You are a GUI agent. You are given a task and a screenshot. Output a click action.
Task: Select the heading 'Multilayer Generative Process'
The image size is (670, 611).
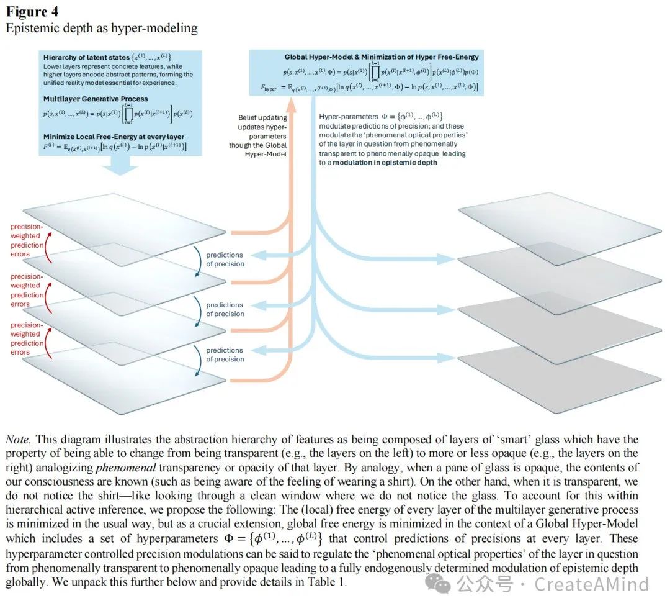pos(96,99)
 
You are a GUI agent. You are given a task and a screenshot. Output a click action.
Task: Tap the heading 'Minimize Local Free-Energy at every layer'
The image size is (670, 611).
pos(114,137)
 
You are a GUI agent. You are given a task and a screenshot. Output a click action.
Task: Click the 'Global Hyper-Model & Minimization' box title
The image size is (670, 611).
pos(381,57)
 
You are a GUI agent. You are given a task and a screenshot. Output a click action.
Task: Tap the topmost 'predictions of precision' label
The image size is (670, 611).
pos(225,260)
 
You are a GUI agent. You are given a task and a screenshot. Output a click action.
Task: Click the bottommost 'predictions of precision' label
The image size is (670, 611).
pos(225,355)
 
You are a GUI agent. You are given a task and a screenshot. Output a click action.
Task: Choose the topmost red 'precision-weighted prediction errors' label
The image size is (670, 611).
pos(27,240)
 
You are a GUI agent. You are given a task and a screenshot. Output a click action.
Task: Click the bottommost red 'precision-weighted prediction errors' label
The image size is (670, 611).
pos(27,338)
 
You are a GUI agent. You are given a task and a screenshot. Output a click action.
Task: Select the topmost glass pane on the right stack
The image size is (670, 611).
pos(558,215)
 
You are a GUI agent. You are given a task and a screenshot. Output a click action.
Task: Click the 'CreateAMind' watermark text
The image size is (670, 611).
pos(591,584)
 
